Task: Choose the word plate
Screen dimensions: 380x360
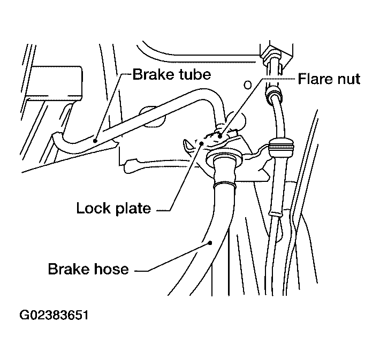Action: (133, 209)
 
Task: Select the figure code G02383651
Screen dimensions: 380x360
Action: (54, 315)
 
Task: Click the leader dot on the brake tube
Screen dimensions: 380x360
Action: (95, 141)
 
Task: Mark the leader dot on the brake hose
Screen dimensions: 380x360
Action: (210, 242)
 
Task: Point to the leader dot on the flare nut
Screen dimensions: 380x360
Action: (220, 136)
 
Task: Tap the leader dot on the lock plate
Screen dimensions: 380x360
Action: (201, 143)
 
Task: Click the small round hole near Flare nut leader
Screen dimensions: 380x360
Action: (247, 85)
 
